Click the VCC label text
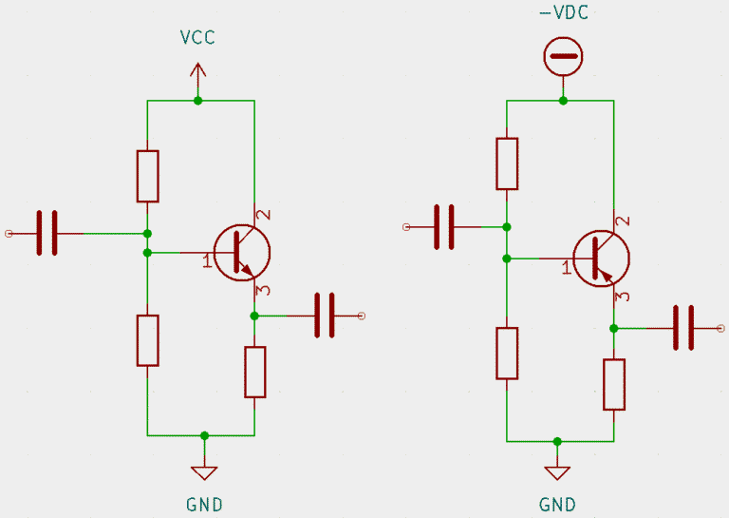tap(197, 37)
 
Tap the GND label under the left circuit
tap(204, 504)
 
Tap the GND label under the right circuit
tap(557, 504)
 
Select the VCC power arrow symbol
tap(197, 72)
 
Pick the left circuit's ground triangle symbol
tap(204, 470)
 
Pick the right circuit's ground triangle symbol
tap(557, 472)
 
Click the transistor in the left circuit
tap(241, 252)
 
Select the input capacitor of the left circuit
tap(47, 233)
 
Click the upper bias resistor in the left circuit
tap(147, 176)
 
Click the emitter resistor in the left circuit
tap(254, 372)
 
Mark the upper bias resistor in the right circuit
tap(507, 163)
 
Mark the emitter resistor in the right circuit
tap(614, 384)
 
